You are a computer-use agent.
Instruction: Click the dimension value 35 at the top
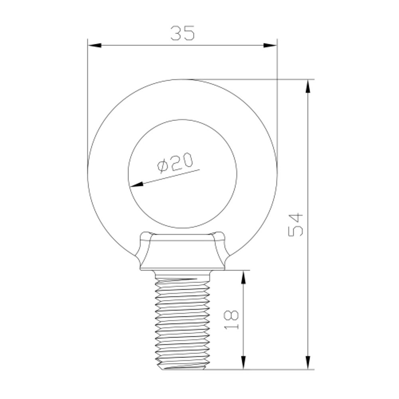pyautogui.click(x=183, y=33)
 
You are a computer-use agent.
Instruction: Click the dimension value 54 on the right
pyautogui.click(x=296, y=225)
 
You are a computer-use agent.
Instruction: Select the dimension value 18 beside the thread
pyautogui.click(x=232, y=319)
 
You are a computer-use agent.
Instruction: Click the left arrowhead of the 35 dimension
pyautogui.click(x=94, y=45)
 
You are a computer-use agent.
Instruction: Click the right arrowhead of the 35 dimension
pyautogui.click(x=270, y=45)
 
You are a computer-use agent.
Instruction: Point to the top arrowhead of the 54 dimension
pyautogui.click(x=308, y=86)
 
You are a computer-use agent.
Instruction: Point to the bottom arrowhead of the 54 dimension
pyautogui.click(x=308, y=363)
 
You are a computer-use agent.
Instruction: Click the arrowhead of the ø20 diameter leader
pyautogui.click(x=136, y=184)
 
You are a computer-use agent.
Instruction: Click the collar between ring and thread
pyautogui.click(x=182, y=253)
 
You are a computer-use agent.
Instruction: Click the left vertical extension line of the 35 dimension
pyautogui.click(x=87, y=100)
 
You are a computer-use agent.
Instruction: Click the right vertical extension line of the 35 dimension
pyautogui.click(x=277, y=100)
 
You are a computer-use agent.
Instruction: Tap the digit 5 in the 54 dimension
pyautogui.click(x=296, y=231)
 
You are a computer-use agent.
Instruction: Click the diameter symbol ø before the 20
pyautogui.click(x=162, y=166)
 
